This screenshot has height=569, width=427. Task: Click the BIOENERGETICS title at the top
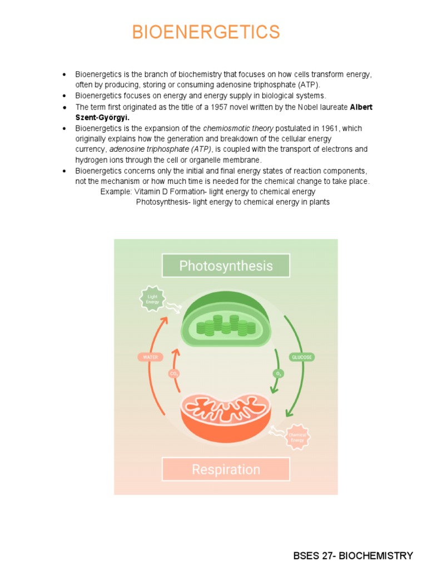click(206, 32)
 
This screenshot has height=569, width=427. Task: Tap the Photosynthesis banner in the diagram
click(226, 266)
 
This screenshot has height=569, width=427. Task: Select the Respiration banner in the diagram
click(226, 470)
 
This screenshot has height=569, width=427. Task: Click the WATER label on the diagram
click(151, 357)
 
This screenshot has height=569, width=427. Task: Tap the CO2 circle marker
click(174, 374)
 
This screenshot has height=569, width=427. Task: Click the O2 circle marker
click(279, 374)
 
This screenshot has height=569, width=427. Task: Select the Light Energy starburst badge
click(152, 299)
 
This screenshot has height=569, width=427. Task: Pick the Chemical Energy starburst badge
click(297, 437)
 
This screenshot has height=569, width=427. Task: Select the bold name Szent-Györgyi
click(102, 118)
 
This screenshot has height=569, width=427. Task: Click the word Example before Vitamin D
click(116, 192)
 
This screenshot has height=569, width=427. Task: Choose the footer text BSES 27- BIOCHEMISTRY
click(353, 556)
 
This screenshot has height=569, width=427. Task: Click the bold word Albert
click(361, 107)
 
